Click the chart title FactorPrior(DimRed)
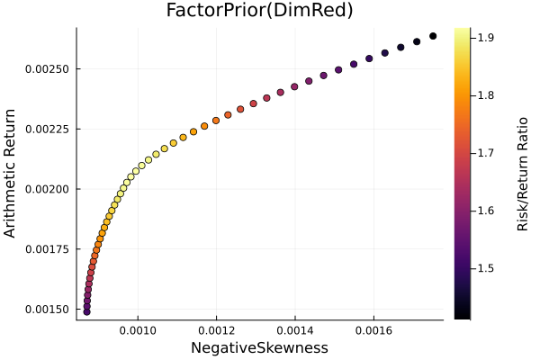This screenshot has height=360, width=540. click(x=259, y=11)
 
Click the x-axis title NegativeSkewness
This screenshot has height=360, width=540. click(x=259, y=347)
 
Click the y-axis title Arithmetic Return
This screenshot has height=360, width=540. click(x=11, y=174)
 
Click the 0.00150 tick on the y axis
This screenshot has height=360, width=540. click(x=47, y=309)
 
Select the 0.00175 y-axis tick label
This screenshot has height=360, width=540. click(x=47, y=248)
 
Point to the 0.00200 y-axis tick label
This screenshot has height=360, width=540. click(x=47, y=189)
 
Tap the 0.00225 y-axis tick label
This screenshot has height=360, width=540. click(x=47, y=129)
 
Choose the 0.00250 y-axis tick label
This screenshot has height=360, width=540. click(x=47, y=69)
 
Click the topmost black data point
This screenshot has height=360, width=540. click(x=433, y=36)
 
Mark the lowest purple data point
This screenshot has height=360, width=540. click(x=86, y=311)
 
